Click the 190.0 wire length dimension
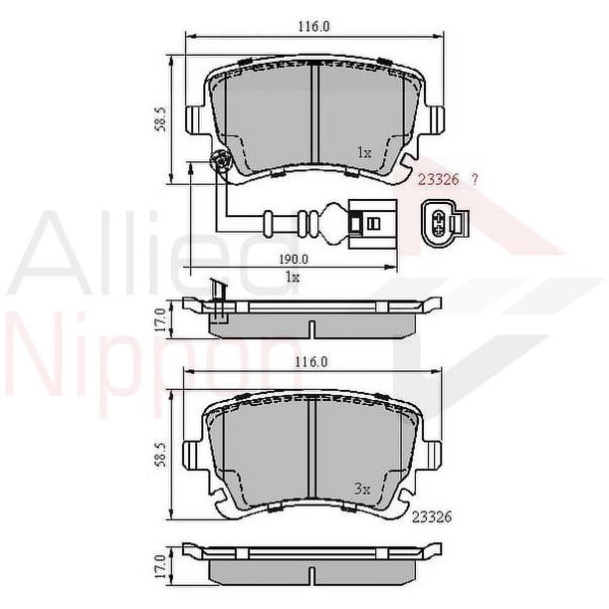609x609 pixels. pyautogui.click(x=294, y=259)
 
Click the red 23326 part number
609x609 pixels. pyautogui.click(x=439, y=180)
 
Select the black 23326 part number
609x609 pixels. pyautogui.click(x=432, y=516)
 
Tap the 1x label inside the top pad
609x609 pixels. pyautogui.click(x=364, y=152)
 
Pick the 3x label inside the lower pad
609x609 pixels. pyautogui.click(x=363, y=489)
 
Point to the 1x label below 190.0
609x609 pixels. pyautogui.click(x=293, y=277)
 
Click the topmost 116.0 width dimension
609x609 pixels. pyautogui.click(x=313, y=27)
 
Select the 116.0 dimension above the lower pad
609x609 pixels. pyautogui.click(x=311, y=362)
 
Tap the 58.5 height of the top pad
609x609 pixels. pyautogui.click(x=161, y=119)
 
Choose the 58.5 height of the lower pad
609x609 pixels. pyautogui.click(x=161, y=455)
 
